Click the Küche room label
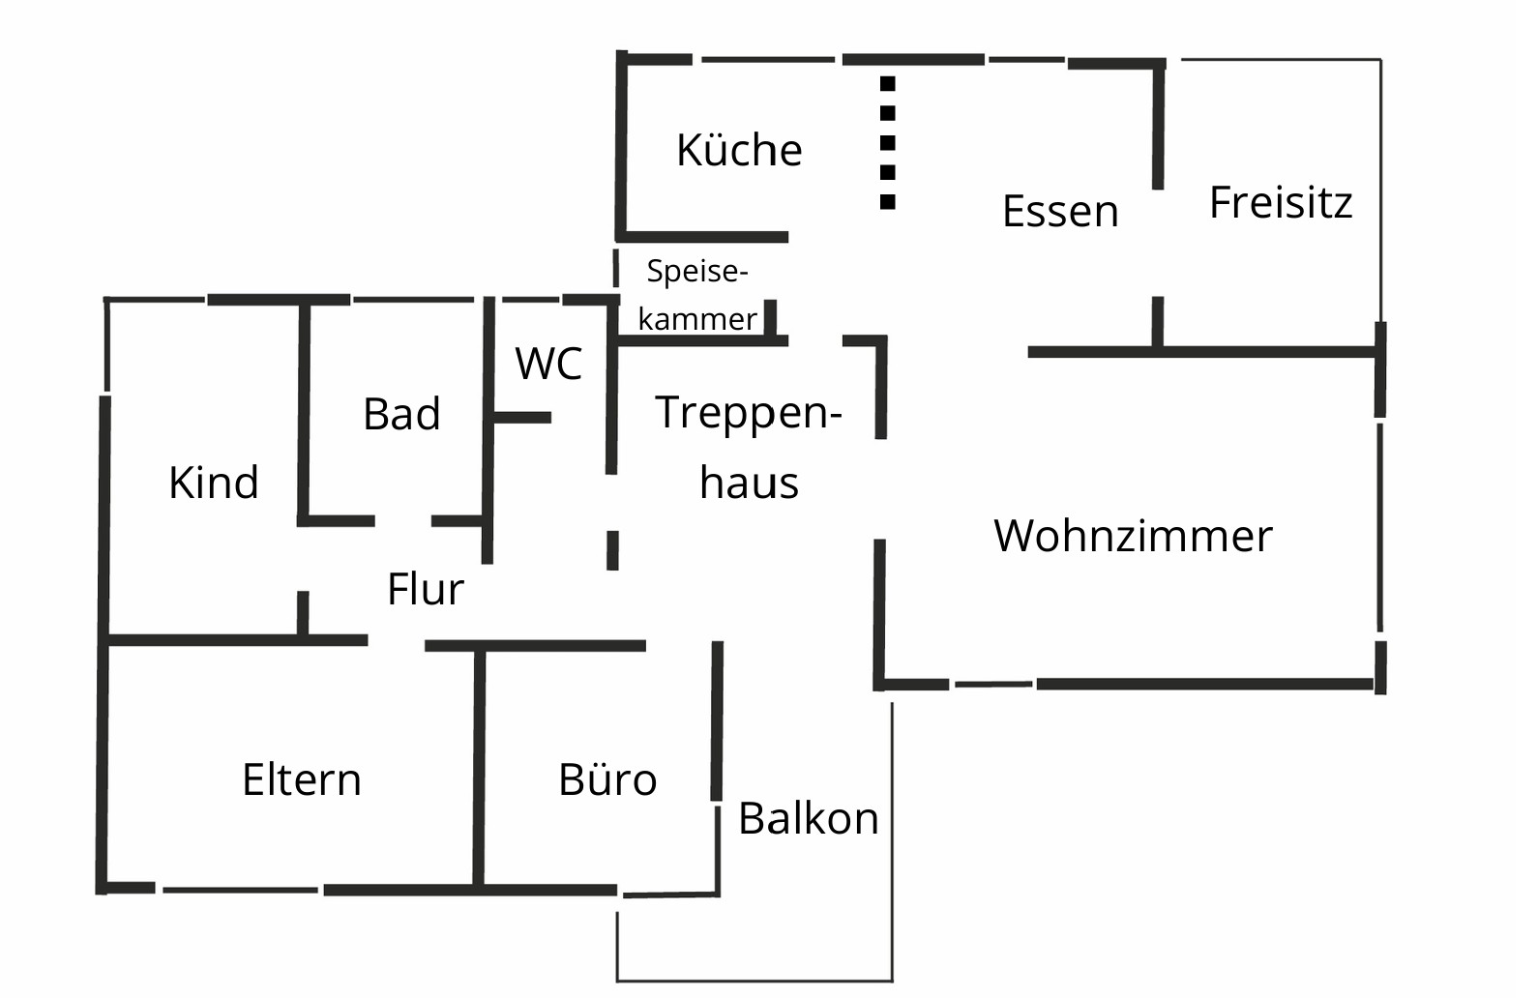739,150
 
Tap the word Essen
1060,211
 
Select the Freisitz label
1281,202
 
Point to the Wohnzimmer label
1133,536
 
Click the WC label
548,363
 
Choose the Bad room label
401,414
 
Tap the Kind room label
214,482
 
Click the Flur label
426,589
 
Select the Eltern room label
302,779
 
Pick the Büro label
607,779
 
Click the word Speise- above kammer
696,271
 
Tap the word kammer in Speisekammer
697,319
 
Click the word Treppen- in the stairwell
749,413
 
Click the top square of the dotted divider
888,84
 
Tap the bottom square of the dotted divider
888,202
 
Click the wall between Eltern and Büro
479,768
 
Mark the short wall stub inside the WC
522,418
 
